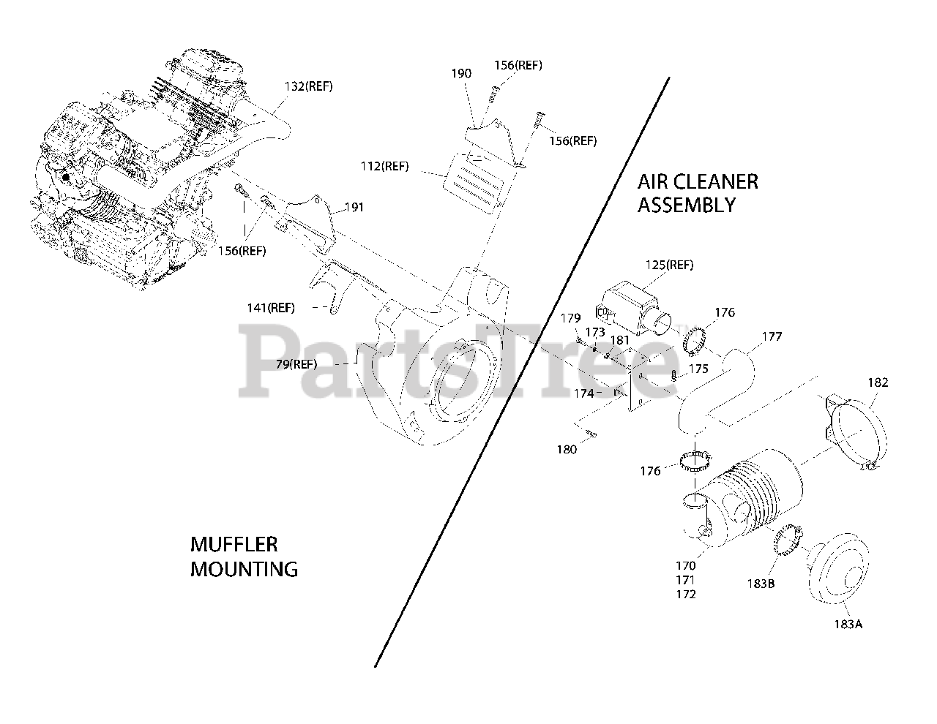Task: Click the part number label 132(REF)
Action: (x=308, y=86)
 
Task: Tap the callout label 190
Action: (x=461, y=73)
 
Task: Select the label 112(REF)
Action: (x=385, y=166)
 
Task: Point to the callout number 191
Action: (x=354, y=208)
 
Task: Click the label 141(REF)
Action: (x=271, y=308)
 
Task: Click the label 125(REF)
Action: (x=669, y=265)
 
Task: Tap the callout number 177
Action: (x=772, y=336)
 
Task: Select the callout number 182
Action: (x=878, y=382)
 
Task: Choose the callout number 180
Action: (x=567, y=450)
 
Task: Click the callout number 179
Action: (x=571, y=318)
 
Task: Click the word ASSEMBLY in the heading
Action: (x=685, y=205)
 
